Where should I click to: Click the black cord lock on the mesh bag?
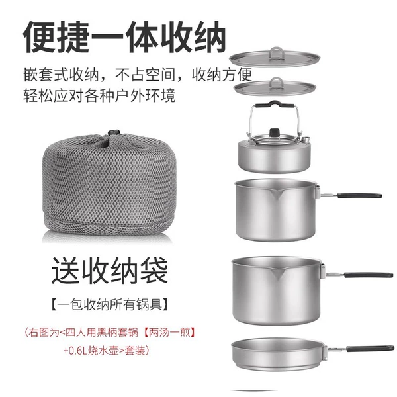pos(114,133)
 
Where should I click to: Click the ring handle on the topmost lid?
pos(276,53)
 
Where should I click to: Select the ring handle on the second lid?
pos(276,83)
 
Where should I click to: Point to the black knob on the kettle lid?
pos(274,132)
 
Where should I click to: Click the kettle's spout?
pos(306,139)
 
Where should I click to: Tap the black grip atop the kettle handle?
pos(275,104)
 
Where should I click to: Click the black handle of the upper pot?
pos(359,195)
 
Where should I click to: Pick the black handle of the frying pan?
pos(371,349)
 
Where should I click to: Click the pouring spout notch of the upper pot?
pos(277,195)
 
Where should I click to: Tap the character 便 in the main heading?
pos(40,37)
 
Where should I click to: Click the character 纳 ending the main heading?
pos(209,37)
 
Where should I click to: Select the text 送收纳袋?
pos(110,270)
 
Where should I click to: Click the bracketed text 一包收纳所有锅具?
pos(110,304)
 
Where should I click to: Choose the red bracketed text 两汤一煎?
pos(169,332)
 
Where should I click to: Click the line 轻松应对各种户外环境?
pos(99,95)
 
